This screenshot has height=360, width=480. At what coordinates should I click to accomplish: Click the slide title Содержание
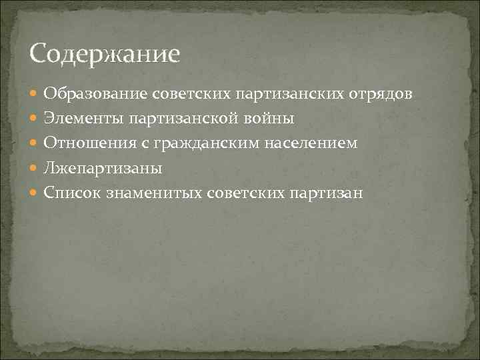(x=105, y=54)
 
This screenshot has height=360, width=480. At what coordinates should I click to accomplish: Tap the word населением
(x=315, y=143)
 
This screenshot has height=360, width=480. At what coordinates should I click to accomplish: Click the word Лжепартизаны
(x=103, y=168)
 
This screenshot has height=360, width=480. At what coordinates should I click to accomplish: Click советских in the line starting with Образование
(x=194, y=94)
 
